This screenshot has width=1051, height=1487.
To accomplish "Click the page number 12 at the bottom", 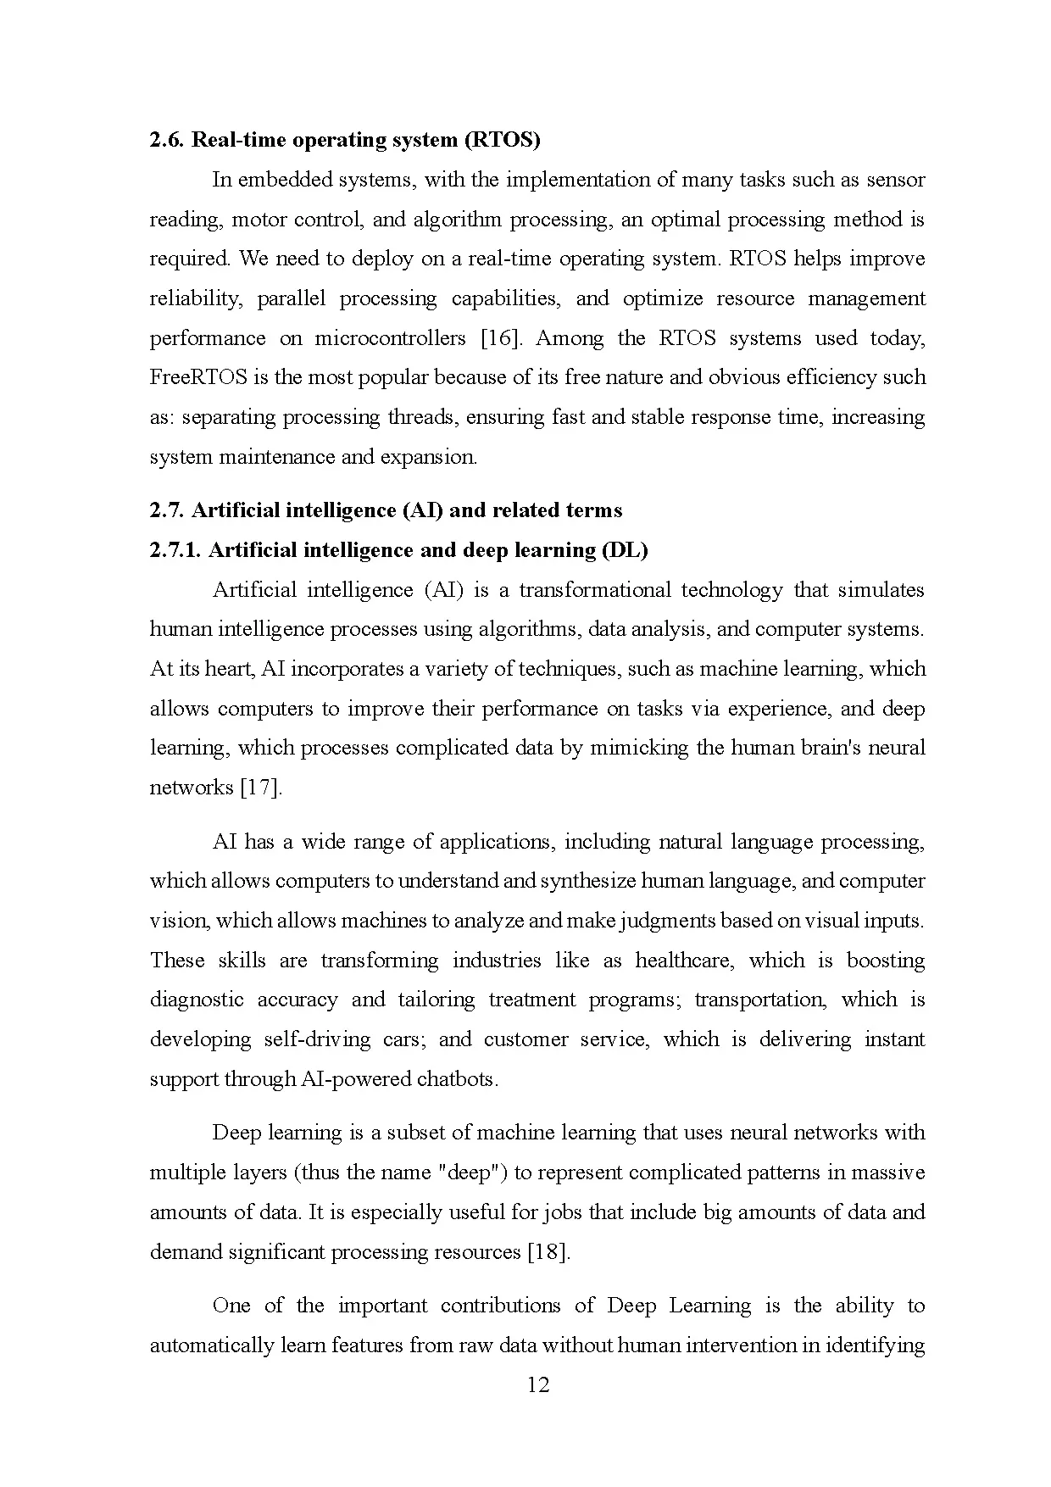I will [x=538, y=1385].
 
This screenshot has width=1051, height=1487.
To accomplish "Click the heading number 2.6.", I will [x=167, y=140].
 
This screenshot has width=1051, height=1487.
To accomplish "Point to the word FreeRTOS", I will [x=198, y=377].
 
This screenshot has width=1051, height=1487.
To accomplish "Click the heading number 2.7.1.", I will [x=175, y=550].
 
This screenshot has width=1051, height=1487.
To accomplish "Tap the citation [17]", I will [x=261, y=788].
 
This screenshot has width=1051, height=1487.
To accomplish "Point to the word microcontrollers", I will [x=390, y=338].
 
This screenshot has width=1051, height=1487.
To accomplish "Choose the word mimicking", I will [x=639, y=748].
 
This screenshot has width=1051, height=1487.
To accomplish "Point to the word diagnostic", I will [x=197, y=1000].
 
